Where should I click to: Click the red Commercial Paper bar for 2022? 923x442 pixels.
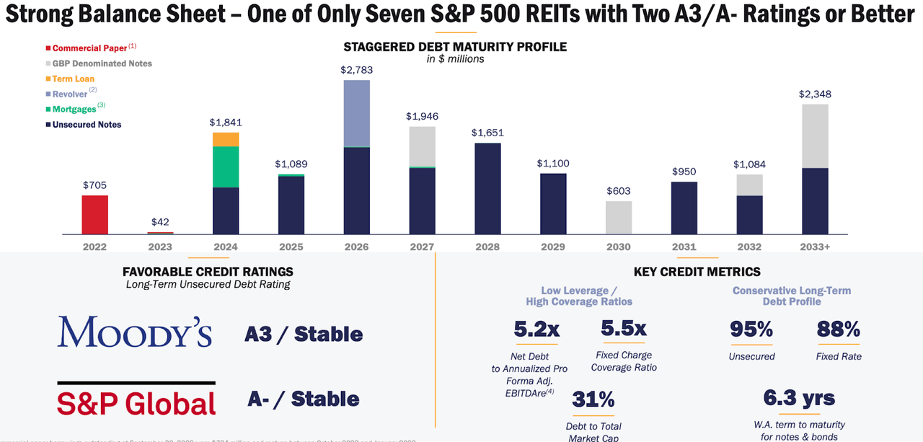(x=94, y=215)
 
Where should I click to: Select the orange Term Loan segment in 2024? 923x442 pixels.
(x=226, y=139)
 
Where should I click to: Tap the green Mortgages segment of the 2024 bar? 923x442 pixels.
(x=226, y=167)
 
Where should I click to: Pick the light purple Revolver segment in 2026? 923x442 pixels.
(x=356, y=113)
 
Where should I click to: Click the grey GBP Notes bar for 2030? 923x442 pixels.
(x=618, y=217)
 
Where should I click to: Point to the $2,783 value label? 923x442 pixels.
(x=356, y=70)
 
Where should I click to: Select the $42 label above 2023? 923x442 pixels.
(x=160, y=222)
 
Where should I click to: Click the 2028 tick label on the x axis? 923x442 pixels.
(x=487, y=247)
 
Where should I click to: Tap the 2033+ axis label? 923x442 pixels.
(x=815, y=247)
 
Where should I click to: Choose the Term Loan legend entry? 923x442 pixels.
(x=73, y=79)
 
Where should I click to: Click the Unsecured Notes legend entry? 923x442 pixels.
(x=87, y=125)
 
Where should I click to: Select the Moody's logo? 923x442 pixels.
(x=135, y=332)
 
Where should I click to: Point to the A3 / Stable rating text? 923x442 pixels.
(x=304, y=334)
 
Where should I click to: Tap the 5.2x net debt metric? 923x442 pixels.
(x=536, y=330)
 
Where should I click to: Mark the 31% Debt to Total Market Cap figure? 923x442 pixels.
(x=593, y=399)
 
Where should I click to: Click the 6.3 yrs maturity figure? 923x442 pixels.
(x=799, y=397)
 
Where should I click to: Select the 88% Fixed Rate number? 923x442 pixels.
(x=838, y=330)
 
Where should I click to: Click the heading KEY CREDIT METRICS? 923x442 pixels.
(x=697, y=272)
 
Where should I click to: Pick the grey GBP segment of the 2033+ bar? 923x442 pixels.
(x=815, y=136)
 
